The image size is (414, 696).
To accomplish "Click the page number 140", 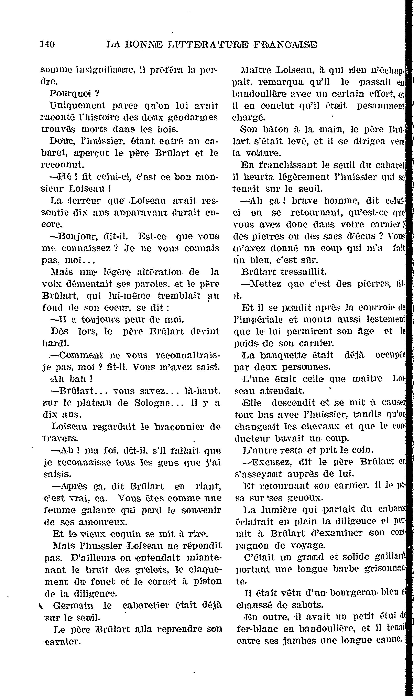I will coord(47,44).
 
